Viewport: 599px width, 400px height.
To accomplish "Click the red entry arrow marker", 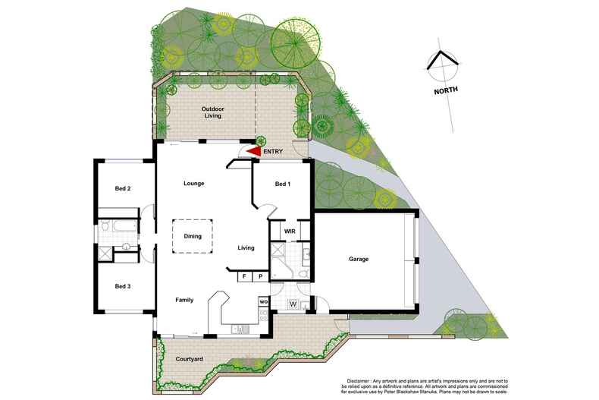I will pos(252,152).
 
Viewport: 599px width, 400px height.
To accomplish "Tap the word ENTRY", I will pos(274,152).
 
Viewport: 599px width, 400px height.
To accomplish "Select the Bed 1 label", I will pos(281,184).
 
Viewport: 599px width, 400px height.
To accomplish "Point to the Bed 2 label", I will pos(123,188).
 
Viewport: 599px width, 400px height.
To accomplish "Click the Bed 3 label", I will pos(123,286).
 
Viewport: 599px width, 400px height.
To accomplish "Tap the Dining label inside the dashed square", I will pos(192,236).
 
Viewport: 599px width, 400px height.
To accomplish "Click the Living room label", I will pos(246,247).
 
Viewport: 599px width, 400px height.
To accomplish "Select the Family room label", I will pos(185,300).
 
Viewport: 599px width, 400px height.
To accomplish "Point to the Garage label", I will pos(359,260).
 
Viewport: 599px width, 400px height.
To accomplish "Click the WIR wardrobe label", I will pos(289,230).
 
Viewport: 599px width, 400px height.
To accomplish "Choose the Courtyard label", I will pos(187,358).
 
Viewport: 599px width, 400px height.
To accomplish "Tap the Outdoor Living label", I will pos(213,113).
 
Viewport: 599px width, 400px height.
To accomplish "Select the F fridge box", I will pos(245,277).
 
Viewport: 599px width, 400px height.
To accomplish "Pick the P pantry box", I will pos(260,277).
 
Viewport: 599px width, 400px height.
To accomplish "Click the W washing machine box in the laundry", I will pos(293,305).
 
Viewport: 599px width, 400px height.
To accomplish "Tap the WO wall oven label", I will pos(263,301).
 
